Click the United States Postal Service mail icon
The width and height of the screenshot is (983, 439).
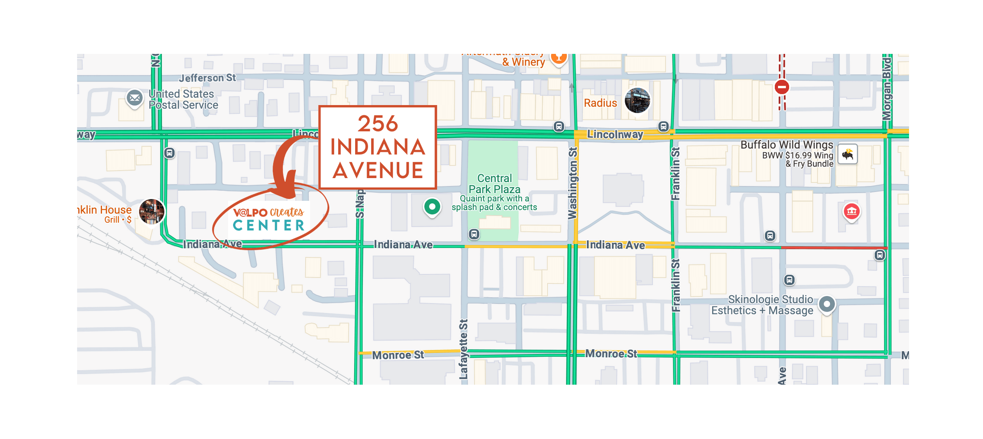click(x=135, y=98)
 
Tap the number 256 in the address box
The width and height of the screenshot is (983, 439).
click(x=377, y=123)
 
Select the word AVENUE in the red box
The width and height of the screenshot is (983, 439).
click(x=378, y=171)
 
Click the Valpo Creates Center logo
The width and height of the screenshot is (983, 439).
click(x=269, y=219)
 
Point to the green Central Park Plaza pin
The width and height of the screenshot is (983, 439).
click(x=432, y=207)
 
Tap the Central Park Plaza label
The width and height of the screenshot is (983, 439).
click(x=494, y=184)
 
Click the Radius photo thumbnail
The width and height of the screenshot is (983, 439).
click(x=637, y=100)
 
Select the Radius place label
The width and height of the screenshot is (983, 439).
click(x=600, y=103)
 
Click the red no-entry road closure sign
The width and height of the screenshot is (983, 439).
click(x=782, y=87)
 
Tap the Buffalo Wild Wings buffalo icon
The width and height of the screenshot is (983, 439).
click(x=848, y=154)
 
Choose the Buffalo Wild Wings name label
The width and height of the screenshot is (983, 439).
click(x=786, y=145)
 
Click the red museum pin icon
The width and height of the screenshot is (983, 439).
click(x=852, y=211)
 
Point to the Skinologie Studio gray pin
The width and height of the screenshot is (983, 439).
click(x=827, y=305)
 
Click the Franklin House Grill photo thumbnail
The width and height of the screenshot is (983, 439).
click(x=152, y=211)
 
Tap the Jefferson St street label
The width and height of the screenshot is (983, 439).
click(x=207, y=78)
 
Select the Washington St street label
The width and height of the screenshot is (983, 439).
click(x=573, y=183)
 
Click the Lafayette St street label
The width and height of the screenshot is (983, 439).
click(x=463, y=349)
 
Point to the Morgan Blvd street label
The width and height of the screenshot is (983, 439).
click(x=887, y=89)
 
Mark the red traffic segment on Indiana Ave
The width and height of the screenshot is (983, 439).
click(x=834, y=248)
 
